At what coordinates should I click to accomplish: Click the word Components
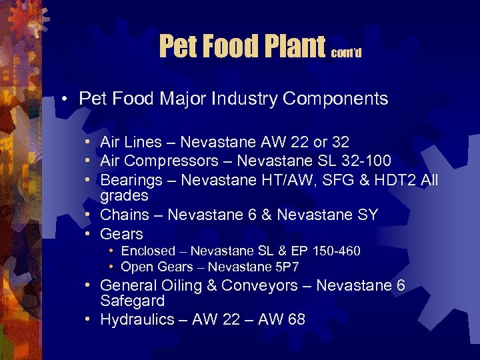(x=335, y=99)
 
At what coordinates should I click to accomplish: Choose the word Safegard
(x=132, y=301)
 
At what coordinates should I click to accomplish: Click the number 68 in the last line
(x=295, y=319)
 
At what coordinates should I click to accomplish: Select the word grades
(x=124, y=196)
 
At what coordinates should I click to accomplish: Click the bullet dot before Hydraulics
(x=88, y=319)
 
